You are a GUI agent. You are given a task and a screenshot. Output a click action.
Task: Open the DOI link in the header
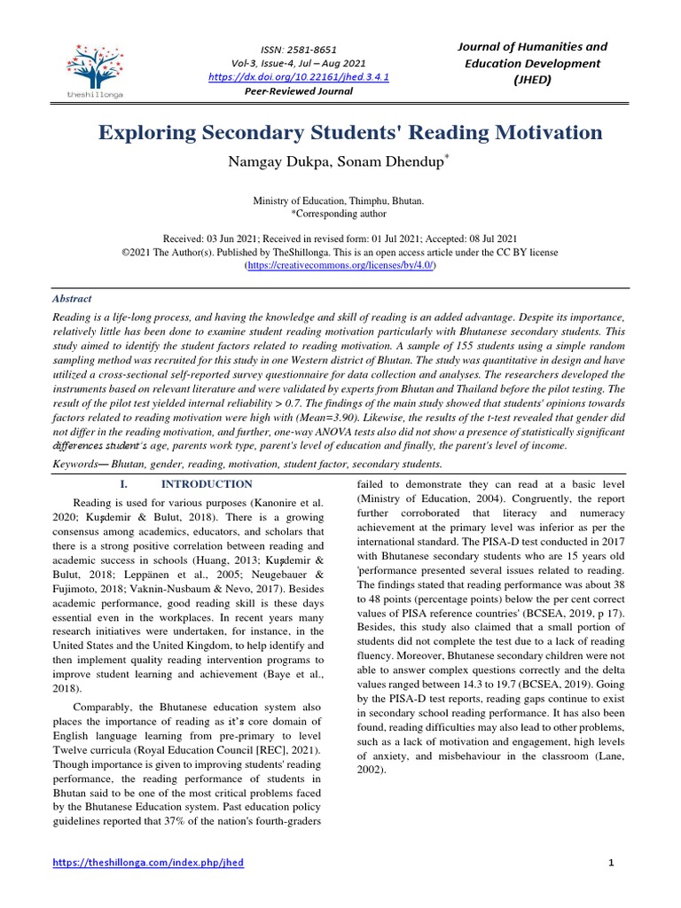tap(297, 77)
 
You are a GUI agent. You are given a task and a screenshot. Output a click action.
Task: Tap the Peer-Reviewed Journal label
tap(297, 91)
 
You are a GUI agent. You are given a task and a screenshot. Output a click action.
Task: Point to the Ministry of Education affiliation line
tap(340, 201)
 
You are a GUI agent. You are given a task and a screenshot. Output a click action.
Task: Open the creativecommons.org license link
tap(340, 265)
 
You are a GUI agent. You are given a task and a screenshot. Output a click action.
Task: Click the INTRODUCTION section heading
tap(206, 484)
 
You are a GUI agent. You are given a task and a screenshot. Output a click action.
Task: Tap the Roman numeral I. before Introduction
tap(124, 484)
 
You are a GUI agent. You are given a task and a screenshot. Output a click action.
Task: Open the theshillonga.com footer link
tap(148, 863)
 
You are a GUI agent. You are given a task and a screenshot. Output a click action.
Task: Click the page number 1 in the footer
tap(612, 863)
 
